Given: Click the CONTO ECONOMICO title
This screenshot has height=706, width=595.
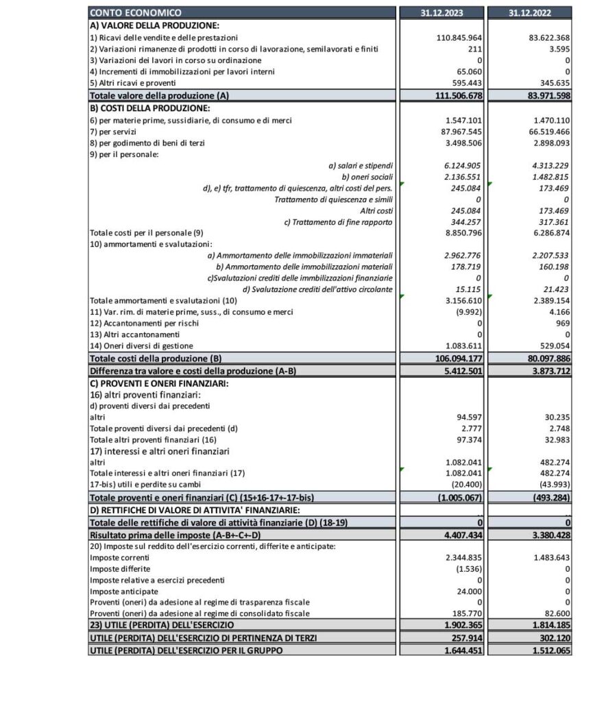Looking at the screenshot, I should pos(136,12).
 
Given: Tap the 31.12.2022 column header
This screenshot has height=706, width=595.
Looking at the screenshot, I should pos(531,12).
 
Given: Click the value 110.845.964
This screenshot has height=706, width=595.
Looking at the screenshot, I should pos(460,37).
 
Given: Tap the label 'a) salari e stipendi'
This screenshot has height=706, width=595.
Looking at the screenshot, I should pos(361,166).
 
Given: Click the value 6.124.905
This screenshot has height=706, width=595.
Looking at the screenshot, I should pos(464,166).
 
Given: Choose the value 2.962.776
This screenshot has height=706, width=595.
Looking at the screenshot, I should pos(464,255).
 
